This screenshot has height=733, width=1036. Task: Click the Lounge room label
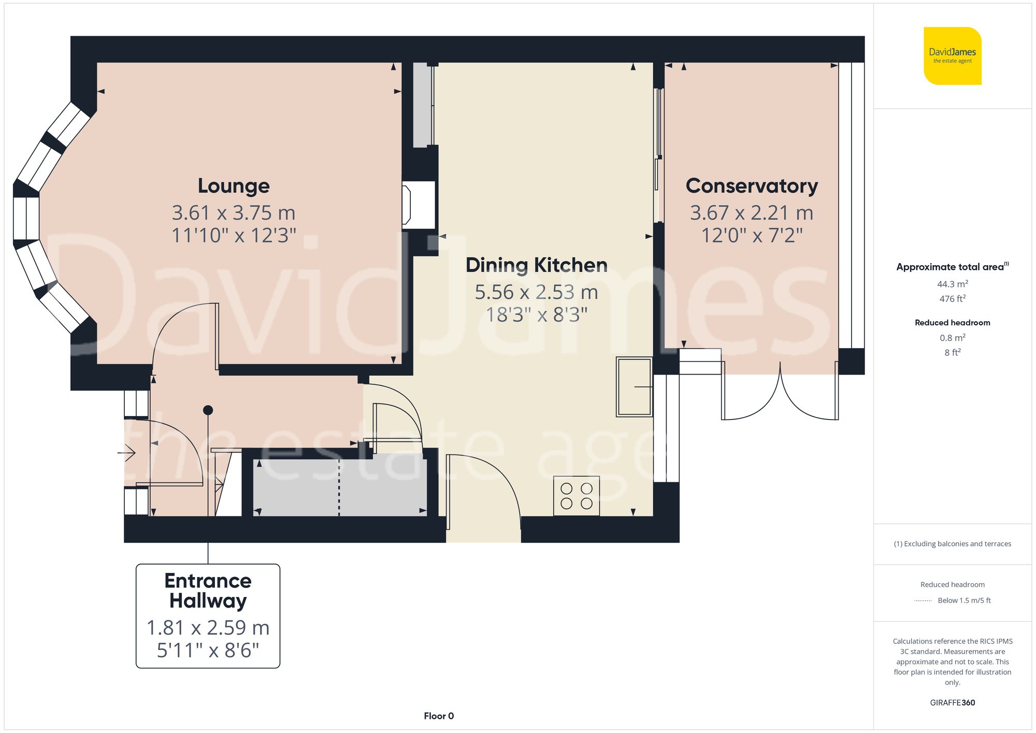coord(234,186)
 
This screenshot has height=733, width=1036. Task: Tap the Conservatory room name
coord(752,186)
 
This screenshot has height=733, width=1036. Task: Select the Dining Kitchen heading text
coord(536,265)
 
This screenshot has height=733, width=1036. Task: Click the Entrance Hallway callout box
coord(208,616)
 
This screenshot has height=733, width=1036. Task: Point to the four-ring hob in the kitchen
coord(577,496)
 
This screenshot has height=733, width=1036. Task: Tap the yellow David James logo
coord(952,56)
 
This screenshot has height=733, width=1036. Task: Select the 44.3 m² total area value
coord(952,284)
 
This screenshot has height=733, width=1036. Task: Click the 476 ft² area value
coord(952,299)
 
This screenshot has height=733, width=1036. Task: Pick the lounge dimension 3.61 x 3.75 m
coord(234,213)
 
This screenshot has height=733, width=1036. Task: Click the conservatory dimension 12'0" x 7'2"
coord(752,236)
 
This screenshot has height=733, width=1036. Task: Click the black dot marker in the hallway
coord(208,410)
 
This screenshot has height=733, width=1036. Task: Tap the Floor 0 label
coord(439,716)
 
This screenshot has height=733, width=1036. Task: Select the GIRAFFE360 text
coord(952,703)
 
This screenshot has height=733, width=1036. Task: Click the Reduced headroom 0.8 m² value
coord(952,338)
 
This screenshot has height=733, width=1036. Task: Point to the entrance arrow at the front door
coord(127,453)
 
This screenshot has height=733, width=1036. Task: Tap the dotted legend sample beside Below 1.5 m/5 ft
coord(923,601)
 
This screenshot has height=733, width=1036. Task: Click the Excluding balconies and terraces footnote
coord(952,544)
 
